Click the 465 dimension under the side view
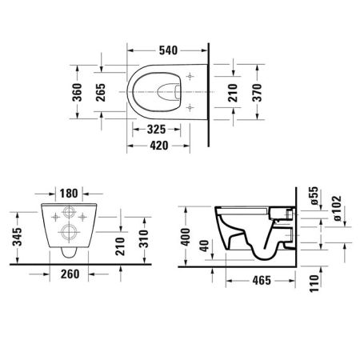point(259,281)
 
